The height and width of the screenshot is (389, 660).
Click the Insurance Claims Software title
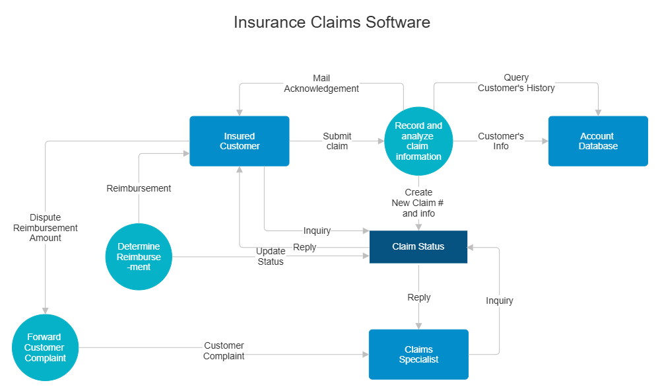pyautogui.click(x=331, y=22)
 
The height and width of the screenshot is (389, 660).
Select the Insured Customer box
pyautogui.click(x=240, y=141)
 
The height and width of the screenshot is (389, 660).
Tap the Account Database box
pyautogui.click(x=598, y=141)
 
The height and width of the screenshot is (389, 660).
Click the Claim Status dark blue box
pyautogui.click(x=418, y=246)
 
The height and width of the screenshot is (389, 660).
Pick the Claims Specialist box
pyautogui.click(x=418, y=354)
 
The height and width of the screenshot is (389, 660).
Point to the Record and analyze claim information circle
pyautogui.click(x=418, y=141)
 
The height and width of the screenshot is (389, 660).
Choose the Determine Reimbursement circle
pyautogui.click(x=139, y=256)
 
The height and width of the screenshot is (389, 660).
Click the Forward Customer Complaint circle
pyautogui.click(x=46, y=347)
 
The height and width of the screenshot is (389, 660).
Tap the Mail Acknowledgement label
pyautogui.click(x=321, y=83)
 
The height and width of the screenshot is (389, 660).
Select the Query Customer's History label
pyautogui.click(x=516, y=83)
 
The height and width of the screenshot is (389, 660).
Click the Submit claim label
pyautogui.click(x=337, y=141)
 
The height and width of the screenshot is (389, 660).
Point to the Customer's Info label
pyautogui.click(x=501, y=141)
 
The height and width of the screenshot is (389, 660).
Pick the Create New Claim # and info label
pyautogui.click(x=418, y=203)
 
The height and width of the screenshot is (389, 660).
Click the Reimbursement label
pyautogui.click(x=139, y=188)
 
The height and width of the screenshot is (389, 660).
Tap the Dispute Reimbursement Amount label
pyautogui.click(x=46, y=227)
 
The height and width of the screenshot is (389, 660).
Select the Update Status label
pyautogui.click(x=270, y=256)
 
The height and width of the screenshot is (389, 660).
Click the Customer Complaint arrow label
pyautogui.click(x=224, y=351)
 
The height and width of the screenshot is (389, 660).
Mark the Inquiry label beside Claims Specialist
pyautogui.click(x=500, y=301)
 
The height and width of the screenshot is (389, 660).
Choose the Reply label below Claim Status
pyautogui.click(x=418, y=297)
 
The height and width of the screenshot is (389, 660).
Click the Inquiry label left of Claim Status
pyautogui.click(x=317, y=230)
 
